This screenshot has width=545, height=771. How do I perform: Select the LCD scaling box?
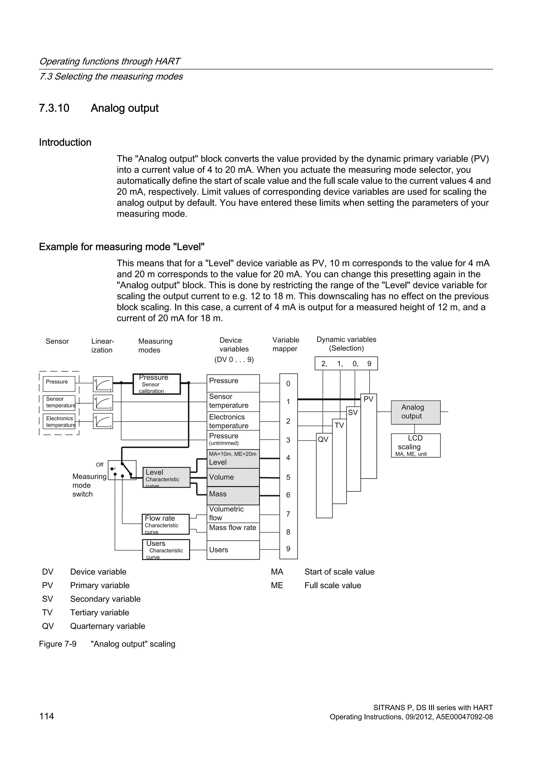(415, 445)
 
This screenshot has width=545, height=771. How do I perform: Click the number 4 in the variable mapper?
(288, 458)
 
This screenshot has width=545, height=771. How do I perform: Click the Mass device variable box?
(233, 495)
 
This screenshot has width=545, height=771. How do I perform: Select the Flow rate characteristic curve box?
(166, 524)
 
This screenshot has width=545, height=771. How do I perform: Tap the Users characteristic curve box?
(166, 549)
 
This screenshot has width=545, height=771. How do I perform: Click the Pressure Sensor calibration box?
(157, 384)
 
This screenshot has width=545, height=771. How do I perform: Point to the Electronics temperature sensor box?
(59, 421)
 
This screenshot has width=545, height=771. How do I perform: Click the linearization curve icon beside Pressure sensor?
(103, 384)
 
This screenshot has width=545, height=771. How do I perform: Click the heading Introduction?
(65, 142)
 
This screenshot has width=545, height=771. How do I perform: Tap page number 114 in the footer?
(46, 716)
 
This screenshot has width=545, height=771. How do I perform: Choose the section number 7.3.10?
(54, 108)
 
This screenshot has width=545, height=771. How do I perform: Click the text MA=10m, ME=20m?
(233, 454)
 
